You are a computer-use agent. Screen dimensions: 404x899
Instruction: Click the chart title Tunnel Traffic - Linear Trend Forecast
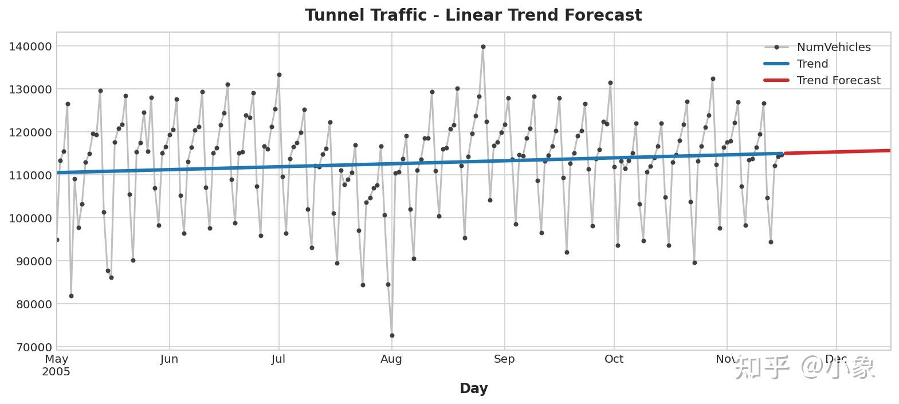[473, 15]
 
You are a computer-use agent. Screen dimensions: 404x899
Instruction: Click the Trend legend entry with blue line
[812, 64]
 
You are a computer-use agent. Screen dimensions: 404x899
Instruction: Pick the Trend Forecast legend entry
[838, 81]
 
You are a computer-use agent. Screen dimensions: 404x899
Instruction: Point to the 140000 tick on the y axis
[30, 46]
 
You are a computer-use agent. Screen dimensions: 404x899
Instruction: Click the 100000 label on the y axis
[30, 218]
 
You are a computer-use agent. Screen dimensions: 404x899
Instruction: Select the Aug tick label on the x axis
[391, 359]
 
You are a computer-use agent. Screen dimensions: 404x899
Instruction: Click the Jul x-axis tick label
[278, 359]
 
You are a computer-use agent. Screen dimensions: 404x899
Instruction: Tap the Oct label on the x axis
[614, 359]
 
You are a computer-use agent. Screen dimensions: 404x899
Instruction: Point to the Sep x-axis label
[504, 359]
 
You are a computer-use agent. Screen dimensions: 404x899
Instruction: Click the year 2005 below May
[56, 372]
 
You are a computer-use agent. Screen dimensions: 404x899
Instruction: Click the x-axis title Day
[473, 389]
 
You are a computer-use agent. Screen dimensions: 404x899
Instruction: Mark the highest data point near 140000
[483, 47]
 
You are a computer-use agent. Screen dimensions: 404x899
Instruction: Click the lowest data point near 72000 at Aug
[392, 335]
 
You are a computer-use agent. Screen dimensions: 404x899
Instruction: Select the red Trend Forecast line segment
[837, 152]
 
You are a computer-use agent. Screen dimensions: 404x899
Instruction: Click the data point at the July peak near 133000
[279, 74]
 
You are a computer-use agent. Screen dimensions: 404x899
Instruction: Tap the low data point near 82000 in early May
[71, 296]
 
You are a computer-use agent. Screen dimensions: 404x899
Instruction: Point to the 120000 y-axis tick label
[30, 132]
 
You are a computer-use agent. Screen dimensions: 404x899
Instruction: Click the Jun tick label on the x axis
[169, 359]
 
